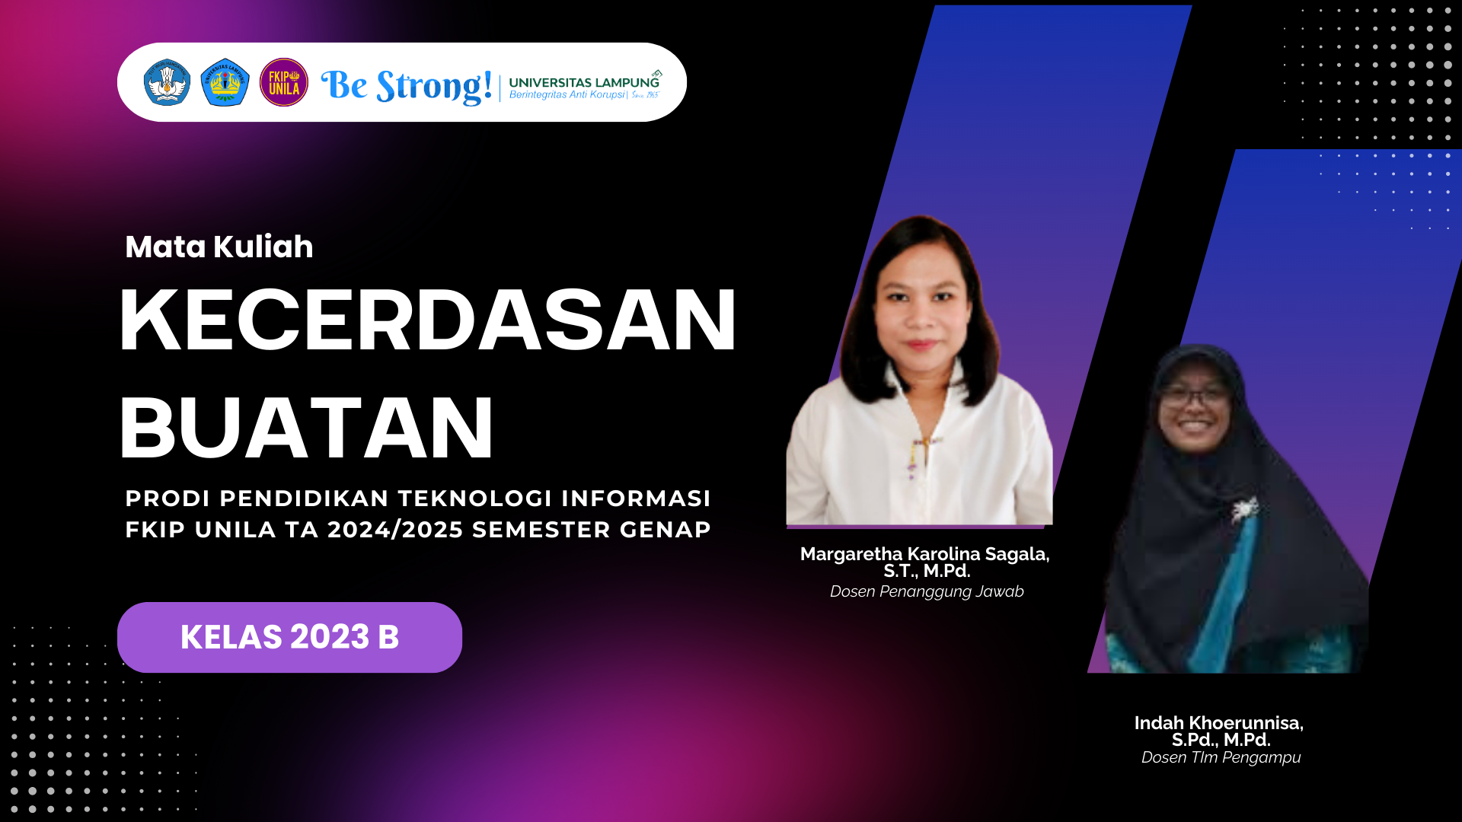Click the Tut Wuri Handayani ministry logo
click(167, 82)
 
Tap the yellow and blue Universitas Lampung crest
click(225, 82)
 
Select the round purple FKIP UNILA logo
click(283, 82)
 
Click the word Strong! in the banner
click(434, 86)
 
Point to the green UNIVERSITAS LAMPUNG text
click(583, 82)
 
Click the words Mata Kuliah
click(219, 247)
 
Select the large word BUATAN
click(306, 428)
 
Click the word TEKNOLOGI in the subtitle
click(474, 499)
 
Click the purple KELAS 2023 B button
click(289, 637)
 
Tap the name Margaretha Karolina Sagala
click(924, 554)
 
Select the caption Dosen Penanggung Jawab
click(927, 591)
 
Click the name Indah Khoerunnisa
click(1218, 723)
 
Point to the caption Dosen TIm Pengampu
click(1221, 757)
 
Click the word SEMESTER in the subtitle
click(541, 530)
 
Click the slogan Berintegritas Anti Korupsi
click(567, 95)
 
